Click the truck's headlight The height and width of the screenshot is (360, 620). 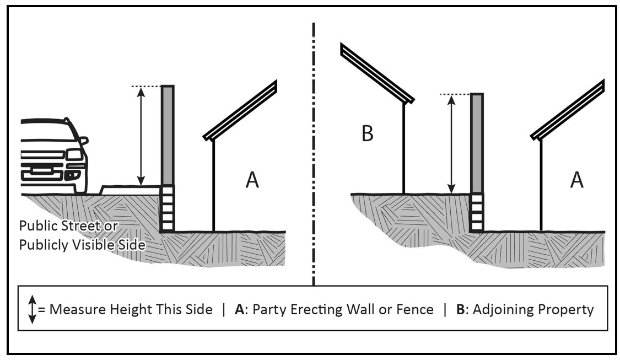[74, 155]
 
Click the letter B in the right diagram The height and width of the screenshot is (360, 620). [367, 134]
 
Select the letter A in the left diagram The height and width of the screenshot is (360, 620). [252, 180]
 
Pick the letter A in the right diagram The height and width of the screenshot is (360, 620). [576, 180]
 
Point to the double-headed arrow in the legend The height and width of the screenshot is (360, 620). [31, 309]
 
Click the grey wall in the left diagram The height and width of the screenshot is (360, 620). [168, 135]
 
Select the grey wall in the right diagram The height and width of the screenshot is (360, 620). [477, 143]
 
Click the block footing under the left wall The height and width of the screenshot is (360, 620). [168, 208]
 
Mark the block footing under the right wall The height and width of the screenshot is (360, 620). [477, 212]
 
